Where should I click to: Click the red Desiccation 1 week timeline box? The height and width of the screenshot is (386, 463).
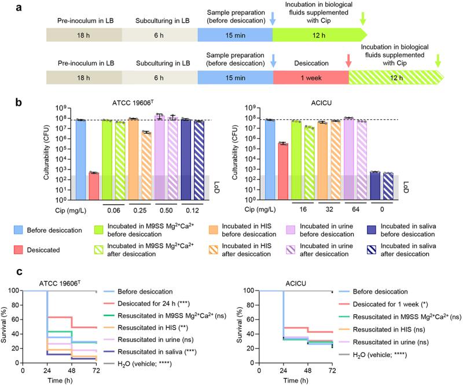coord(310,77)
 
